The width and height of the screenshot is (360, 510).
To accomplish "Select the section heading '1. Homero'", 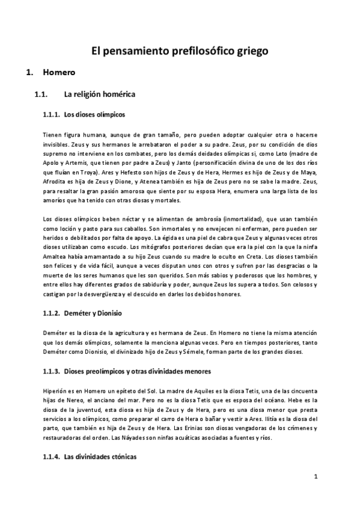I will (58, 73).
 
